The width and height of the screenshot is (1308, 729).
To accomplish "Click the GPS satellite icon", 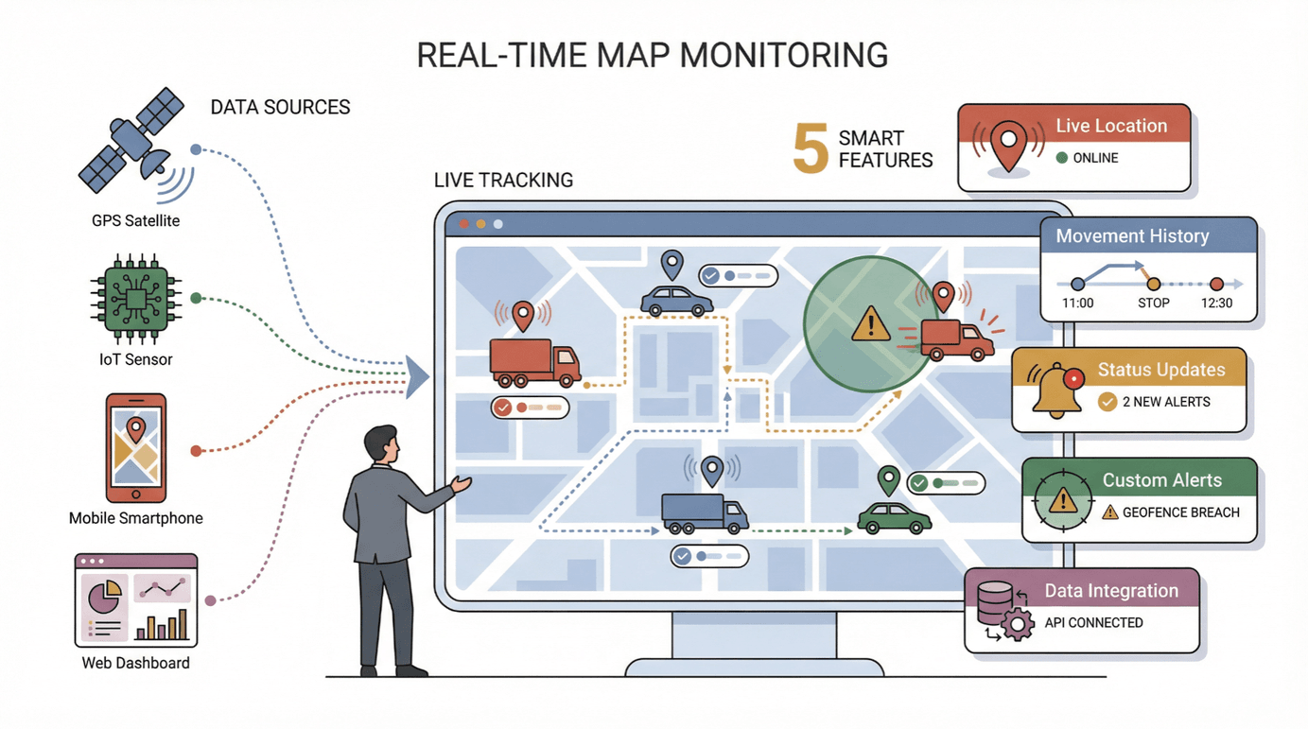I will [133, 148].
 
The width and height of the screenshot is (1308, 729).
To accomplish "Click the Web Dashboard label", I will [135, 663].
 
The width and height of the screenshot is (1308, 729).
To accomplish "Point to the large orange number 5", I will [811, 148].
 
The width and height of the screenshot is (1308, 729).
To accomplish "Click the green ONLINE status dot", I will [1061, 158].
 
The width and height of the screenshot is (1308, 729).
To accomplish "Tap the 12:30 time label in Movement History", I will [1216, 303].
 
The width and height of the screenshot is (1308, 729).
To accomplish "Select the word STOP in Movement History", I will [1153, 303].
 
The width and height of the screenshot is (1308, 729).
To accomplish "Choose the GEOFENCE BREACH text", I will [1180, 512].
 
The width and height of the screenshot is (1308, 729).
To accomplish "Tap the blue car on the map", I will [676, 301].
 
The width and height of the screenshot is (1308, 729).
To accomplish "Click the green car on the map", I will [894, 517].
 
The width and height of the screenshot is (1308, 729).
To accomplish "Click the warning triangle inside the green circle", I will [870, 324].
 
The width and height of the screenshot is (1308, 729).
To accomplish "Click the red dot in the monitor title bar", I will [463, 224].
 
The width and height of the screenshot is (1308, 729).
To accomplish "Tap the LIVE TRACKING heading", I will [503, 180].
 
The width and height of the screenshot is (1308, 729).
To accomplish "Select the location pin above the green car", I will [887, 479].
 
